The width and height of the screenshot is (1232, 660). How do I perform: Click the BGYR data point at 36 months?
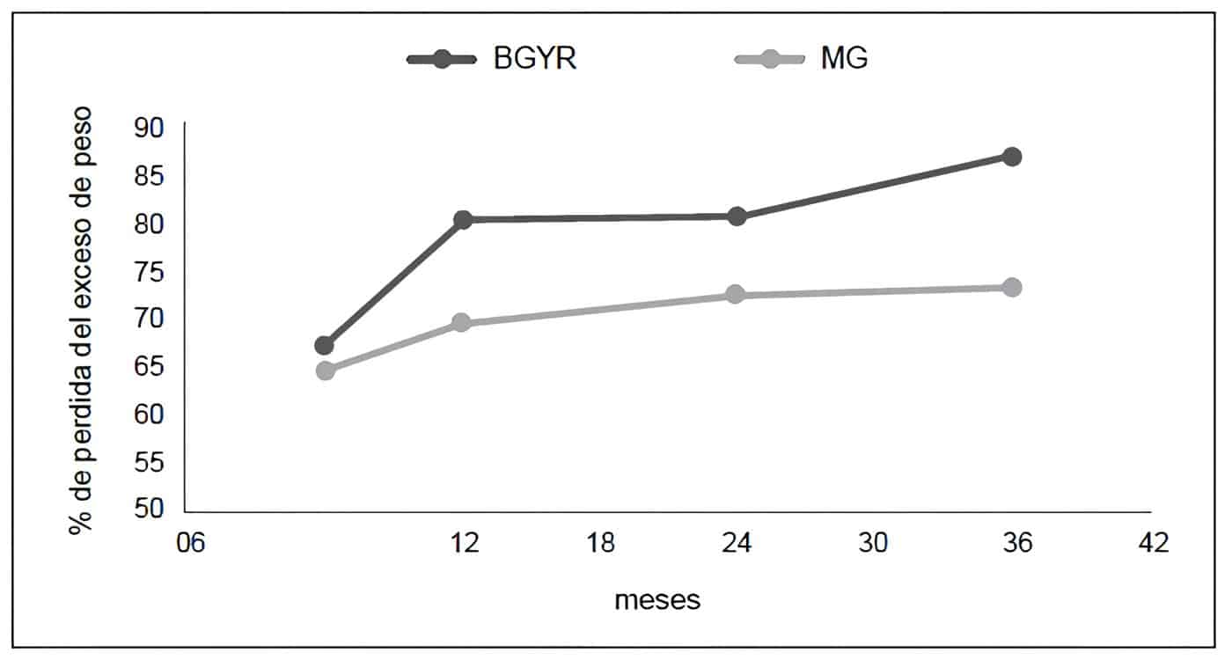click(x=1012, y=157)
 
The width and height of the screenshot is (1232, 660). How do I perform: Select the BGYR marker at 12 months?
click(x=463, y=219)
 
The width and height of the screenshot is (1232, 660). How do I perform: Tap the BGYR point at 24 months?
click(x=737, y=216)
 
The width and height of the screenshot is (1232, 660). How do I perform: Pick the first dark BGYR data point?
click(x=324, y=345)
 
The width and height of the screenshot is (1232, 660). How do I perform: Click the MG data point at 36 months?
click(x=1012, y=287)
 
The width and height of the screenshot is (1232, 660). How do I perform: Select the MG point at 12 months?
click(x=461, y=323)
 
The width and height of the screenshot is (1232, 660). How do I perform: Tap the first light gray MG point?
click(x=325, y=370)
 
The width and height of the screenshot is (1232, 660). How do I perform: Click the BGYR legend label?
click(x=535, y=60)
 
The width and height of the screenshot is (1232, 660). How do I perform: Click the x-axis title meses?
click(x=657, y=600)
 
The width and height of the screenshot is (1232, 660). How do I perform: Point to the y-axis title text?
click(x=82, y=320)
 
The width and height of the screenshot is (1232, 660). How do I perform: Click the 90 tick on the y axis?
click(x=150, y=128)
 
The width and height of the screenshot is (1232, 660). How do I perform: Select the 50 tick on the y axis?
click(x=150, y=509)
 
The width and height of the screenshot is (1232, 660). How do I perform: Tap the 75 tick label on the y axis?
click(x=150, y=271)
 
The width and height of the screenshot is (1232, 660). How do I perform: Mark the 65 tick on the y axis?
click(x=150, y=366)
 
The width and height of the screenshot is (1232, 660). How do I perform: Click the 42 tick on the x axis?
click(x=1153, y=543)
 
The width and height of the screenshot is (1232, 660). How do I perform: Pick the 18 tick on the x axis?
click(x=601, y=543)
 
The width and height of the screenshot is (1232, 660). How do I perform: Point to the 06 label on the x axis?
click(x=190, y=543)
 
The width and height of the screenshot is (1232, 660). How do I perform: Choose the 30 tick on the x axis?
click(x=873, y=543)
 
